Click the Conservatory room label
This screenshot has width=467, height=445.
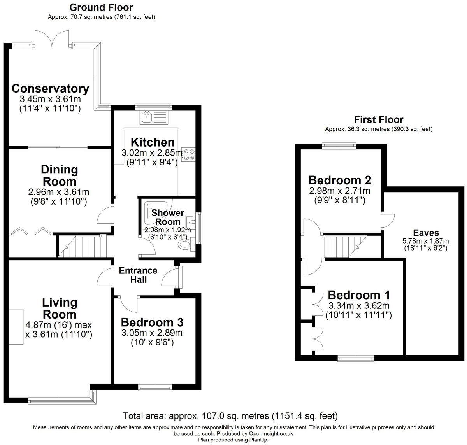50,88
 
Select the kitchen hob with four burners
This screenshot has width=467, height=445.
190,154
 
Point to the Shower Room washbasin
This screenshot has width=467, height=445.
191,221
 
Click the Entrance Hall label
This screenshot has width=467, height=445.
138,275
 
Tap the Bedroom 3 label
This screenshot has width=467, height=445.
152,322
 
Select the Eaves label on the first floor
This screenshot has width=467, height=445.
426,233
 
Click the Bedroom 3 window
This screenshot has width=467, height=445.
155,387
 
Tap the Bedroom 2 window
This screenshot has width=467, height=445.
339,146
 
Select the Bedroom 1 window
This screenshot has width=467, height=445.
356,359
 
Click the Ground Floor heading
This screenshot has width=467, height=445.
101,7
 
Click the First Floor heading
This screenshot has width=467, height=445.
378,119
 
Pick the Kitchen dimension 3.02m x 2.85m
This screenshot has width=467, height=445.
152,152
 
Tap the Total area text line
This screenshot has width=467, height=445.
230,415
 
